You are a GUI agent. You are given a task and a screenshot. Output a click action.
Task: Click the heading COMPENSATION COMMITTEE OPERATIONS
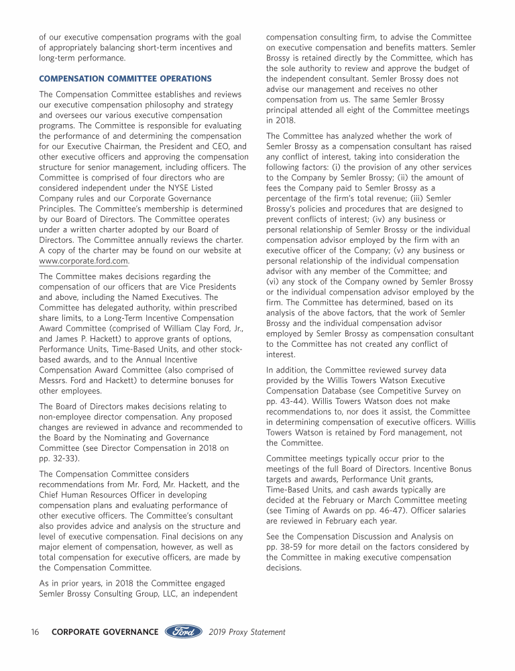pos(125,79)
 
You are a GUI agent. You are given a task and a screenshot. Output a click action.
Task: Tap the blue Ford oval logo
pos(184,631)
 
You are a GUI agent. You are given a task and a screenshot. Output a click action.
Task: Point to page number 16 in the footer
pos(36,631)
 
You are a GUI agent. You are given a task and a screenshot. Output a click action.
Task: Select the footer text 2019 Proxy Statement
pos(247,631)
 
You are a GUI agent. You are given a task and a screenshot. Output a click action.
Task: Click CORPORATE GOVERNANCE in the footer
pos(105,631)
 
